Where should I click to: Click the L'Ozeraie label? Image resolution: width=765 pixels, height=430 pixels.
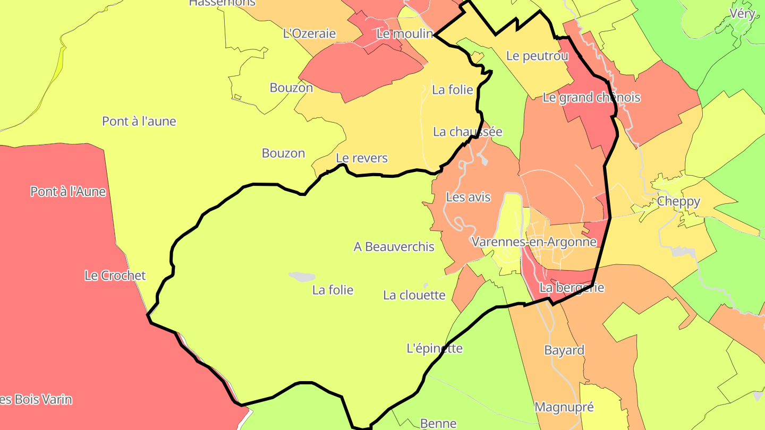(309, 33)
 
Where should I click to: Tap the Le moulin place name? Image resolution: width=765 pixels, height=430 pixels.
(405, 33)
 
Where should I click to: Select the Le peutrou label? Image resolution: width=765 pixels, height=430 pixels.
(537, 56)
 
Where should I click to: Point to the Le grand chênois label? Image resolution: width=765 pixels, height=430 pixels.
(591, 98)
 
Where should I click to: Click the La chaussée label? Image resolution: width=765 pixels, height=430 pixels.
(467, 132)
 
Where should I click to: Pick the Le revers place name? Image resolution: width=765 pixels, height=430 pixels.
(362, 158)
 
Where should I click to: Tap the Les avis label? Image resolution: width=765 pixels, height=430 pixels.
(468, 197)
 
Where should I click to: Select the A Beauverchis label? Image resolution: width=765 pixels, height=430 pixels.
(394, 247)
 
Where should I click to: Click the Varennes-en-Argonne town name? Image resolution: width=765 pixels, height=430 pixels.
(534, 242)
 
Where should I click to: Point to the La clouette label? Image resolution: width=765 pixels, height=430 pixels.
(414, 295)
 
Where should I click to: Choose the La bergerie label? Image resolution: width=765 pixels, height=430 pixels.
(572, 288)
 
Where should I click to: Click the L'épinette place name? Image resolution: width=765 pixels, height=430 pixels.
(434, 349)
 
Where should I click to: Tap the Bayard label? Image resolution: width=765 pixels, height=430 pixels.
(564, 350)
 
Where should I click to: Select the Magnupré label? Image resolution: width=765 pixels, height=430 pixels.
(564, 407)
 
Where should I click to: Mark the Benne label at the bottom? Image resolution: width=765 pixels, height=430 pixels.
(438, 423)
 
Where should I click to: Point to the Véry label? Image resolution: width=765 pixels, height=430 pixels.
(742, 14)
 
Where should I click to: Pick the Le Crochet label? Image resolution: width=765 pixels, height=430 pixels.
(115, 276)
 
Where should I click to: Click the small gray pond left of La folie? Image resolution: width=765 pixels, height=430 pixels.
(302, 277)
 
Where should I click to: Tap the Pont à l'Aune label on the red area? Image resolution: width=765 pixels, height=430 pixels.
(68, 192)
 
